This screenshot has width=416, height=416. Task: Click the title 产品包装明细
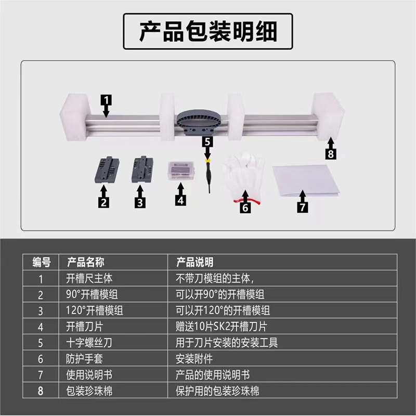208,32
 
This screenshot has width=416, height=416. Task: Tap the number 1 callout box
106,98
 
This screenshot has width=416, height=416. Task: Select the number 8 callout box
331,154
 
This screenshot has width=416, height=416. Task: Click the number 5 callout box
207,141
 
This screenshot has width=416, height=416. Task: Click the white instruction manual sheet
306,179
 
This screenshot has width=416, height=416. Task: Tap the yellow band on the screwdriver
207,161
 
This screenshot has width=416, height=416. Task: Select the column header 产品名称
86,262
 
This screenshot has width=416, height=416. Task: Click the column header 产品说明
195,262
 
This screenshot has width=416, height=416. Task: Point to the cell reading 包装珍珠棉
89,391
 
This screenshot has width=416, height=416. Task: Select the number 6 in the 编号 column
41,359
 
